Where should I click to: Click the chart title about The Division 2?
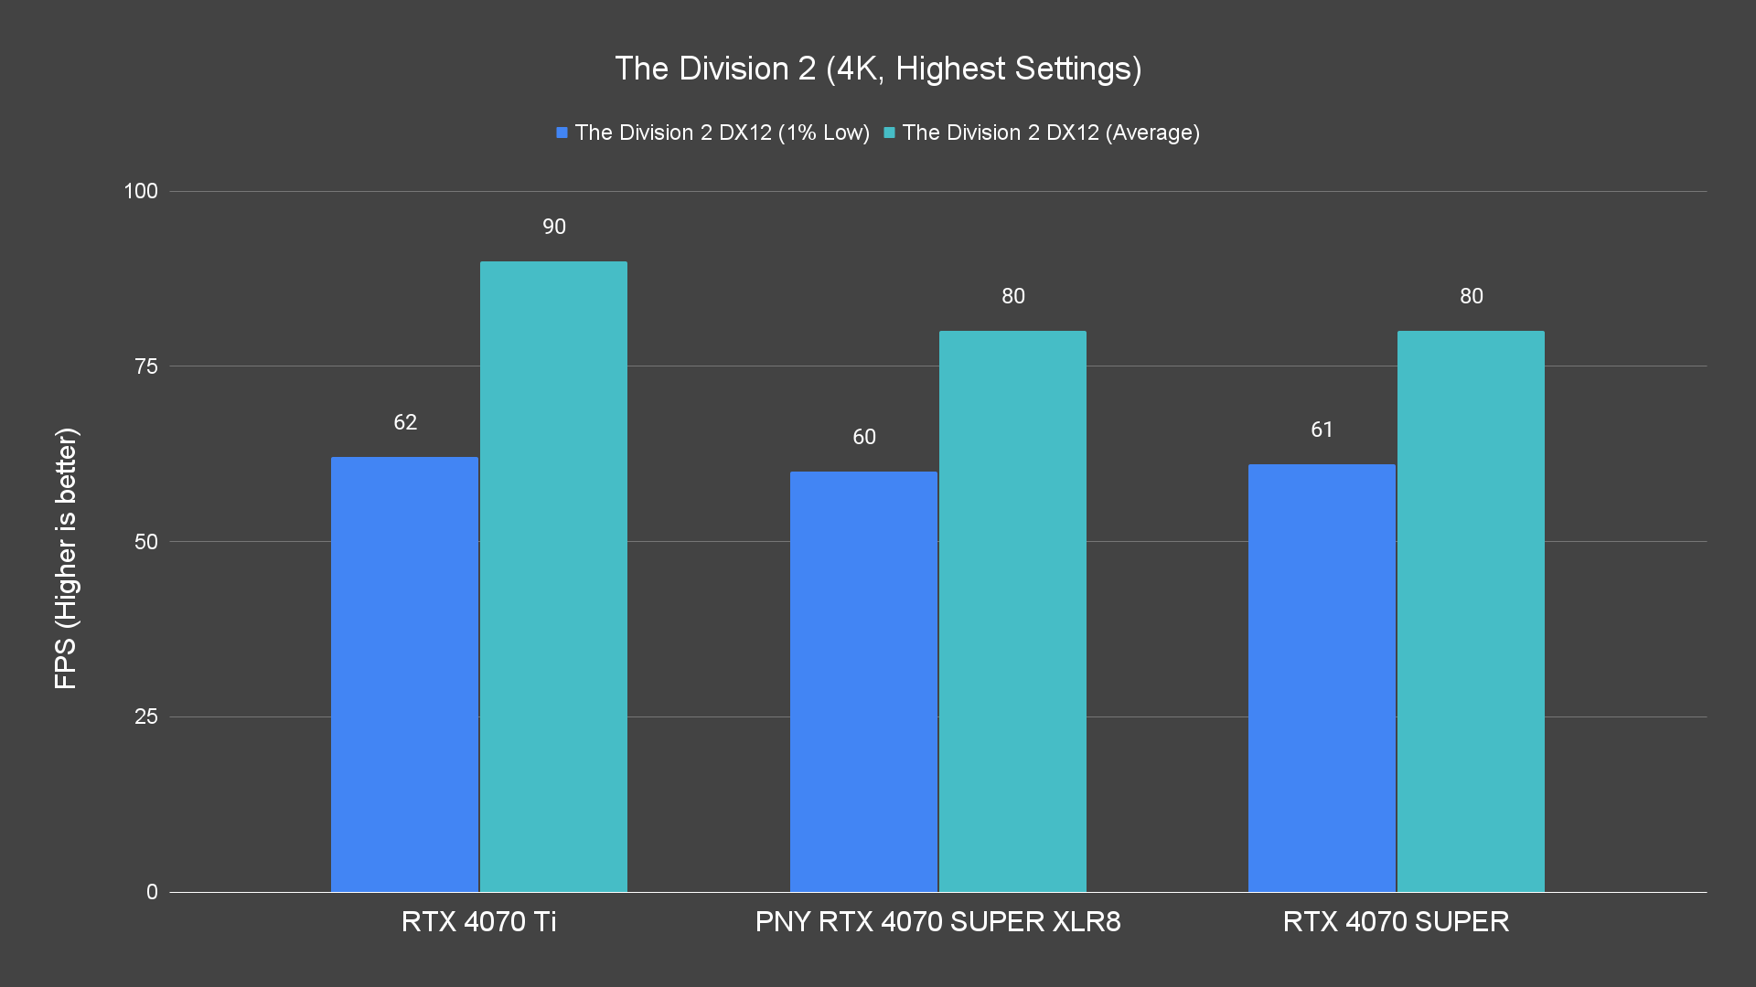(878, 69)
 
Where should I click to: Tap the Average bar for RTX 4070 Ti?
(553, 576)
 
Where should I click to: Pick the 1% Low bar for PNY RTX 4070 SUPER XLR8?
(863, 681)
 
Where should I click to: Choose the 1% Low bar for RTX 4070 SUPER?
(1322, 677)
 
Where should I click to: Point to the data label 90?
(554, 227)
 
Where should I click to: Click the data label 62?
(405, 422)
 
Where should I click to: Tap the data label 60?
(864, 437)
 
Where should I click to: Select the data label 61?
(1322, 430)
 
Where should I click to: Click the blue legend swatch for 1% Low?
(562, 133)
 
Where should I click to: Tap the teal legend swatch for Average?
(889, 133)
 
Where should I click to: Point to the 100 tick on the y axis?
(141, 191)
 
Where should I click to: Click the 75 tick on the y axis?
(146, 366)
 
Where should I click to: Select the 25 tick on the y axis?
(146, 716)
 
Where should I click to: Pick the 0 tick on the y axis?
(152, 892)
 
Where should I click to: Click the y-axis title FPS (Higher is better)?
(66, 557)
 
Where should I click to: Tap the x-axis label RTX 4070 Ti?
(478, 921)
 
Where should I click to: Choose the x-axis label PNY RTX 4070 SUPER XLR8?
(937, 921)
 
